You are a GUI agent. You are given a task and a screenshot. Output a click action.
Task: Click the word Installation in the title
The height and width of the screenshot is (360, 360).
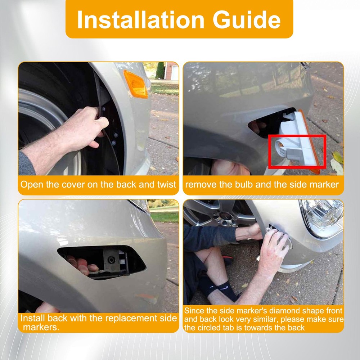click(x=141, y=19)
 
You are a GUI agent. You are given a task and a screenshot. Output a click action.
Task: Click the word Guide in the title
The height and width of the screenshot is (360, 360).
click(x=247, y=19)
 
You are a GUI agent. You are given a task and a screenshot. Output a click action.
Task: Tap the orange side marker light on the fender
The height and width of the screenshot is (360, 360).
click(x=135, y=84)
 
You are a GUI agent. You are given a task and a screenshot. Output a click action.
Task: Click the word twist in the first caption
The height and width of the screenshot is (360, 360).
click(x=166, y=184)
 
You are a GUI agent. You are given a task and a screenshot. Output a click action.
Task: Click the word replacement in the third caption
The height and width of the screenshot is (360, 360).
click(x=132, y=318)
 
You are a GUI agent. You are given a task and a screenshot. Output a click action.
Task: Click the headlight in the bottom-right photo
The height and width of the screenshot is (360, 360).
click(x=322, y=218)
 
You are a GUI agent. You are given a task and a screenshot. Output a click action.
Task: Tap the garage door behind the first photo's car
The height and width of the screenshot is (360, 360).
click(x=175, y=73)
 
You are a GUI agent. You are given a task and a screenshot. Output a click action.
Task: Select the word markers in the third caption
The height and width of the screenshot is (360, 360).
click(x=41, y=327)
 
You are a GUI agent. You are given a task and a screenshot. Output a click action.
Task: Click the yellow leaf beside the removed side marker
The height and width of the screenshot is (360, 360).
click(x=338, y=157)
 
